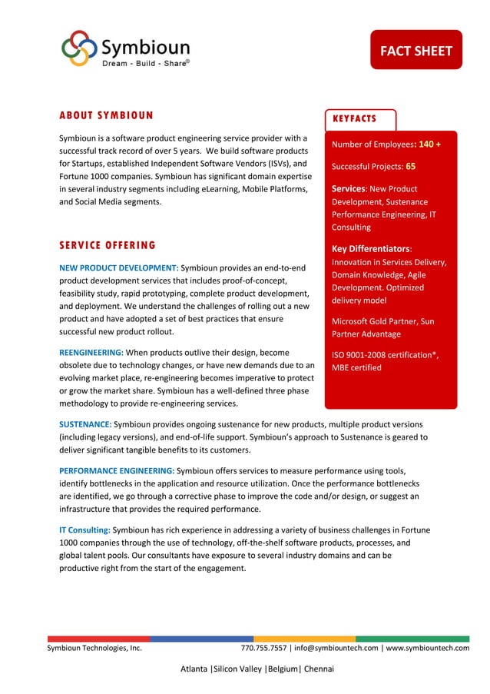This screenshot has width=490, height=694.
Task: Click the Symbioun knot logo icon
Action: point(79,48)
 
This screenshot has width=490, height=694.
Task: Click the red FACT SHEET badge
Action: point(416,51)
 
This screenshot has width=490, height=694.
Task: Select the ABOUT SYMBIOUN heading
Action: point(106,116)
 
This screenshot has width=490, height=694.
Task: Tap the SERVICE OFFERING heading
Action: point(108,245)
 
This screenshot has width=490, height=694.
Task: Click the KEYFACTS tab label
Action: point(355,118)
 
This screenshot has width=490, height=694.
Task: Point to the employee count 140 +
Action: point(429,144)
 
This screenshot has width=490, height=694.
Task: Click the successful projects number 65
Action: point(411,166)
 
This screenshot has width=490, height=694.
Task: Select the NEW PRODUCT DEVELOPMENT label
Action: point(118,267)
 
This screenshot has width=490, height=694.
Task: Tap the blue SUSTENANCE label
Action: point(85,424)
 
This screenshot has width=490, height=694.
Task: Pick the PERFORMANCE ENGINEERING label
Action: point(117,470)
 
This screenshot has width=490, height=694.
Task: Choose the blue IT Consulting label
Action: point(84,530)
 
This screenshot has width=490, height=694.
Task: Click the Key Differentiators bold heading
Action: point(372,248)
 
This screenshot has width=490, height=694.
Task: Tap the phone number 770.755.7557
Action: point(263,648)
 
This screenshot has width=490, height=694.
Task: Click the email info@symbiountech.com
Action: point(335,648)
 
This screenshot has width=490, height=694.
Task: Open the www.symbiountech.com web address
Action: point(427,648)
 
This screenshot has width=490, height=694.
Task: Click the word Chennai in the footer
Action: point(319,669)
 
